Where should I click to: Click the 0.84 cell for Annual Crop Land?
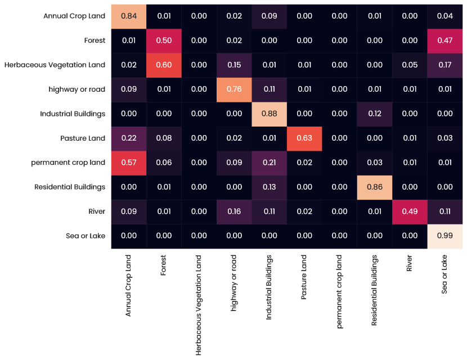click(128, 16)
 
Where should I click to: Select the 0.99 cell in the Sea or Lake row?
click(445, 236)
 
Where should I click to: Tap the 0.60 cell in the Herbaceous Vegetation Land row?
click(163, 65)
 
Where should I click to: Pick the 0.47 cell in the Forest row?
click(445, 40)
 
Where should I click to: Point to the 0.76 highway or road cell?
click(234, 89)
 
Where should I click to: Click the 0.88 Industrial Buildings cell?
click(269, 114)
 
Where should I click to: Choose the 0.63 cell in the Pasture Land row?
click(304, 138)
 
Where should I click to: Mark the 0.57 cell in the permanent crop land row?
click(128, 163)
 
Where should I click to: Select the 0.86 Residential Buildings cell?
click(375, 187)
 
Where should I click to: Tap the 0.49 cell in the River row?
click(410, 211)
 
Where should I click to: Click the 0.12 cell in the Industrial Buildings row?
click(375, 114)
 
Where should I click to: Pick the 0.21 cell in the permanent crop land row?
click(269, 163)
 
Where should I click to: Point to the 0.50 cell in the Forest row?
click(163, 40)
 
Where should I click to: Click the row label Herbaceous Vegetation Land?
click(55, 65)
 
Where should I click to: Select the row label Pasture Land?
click(83, 138)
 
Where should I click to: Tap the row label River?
click(97, 211)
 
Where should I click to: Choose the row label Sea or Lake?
click(86, 236)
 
